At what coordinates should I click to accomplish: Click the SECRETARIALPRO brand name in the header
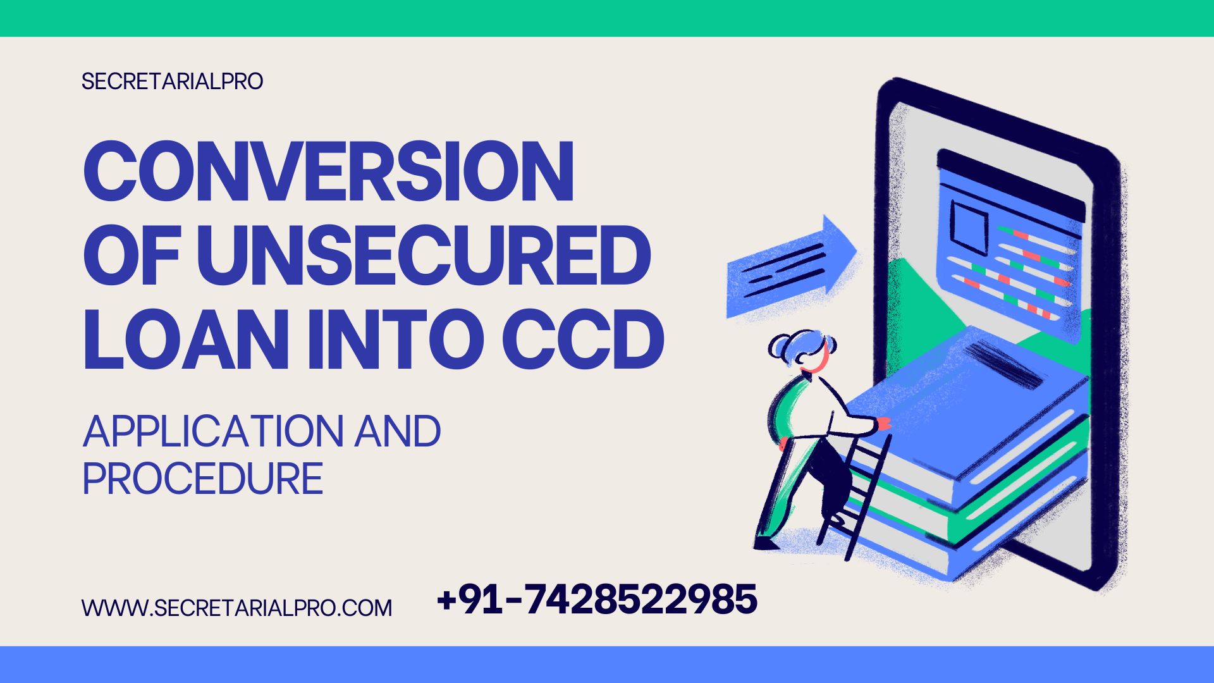[x=172, y=82]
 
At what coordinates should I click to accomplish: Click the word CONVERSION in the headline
[x=328, y=171]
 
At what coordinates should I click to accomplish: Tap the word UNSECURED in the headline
[x=423, y=257]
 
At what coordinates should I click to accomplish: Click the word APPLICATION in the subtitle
[x=212, y=432]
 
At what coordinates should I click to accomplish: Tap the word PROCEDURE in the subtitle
[x=203, y=479]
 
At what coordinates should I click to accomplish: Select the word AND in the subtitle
[x=397, y=432]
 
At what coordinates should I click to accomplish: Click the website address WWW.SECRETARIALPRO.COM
[x=237, y=608]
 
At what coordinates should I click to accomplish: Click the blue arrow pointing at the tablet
[x=790, y=266]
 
